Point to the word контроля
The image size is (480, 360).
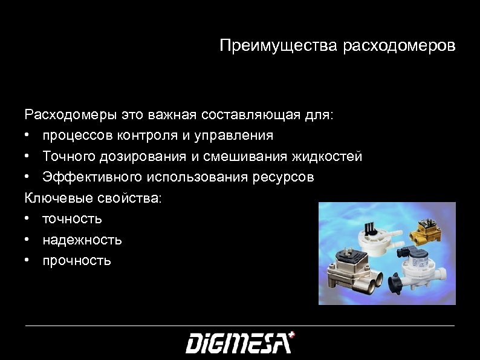[152, 135]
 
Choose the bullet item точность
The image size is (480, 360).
[72, 218]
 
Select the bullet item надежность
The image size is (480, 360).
[82, 240]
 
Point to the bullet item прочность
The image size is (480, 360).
[77, 261]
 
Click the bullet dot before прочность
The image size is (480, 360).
[28, 261]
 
